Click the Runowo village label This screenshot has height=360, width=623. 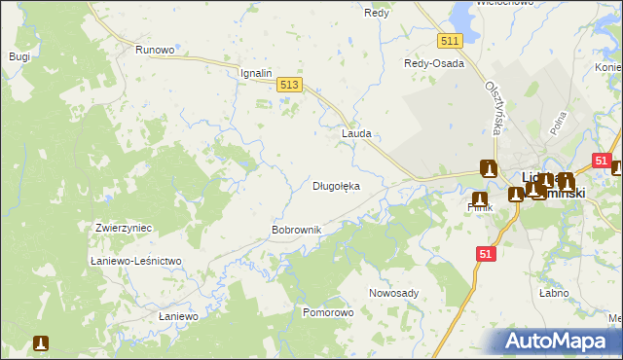click(155, 50)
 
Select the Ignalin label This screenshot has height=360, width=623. click(258, 73)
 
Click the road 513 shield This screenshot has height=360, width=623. click(289, 87)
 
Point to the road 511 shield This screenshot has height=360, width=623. click(449, 41)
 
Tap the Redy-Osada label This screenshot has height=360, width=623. click(434, 63)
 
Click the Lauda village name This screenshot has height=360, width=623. click(356, 133)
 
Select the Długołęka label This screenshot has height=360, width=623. click(336, 185)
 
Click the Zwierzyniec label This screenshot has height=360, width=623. click(124, 228)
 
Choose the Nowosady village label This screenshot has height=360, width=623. click(393, 293)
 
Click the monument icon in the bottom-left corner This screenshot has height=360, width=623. click(41, 343)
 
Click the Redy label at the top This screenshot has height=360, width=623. click(377, 13)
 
